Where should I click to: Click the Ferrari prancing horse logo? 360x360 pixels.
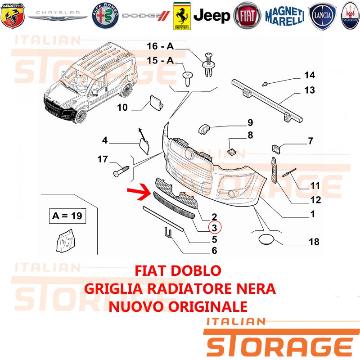point(182,16)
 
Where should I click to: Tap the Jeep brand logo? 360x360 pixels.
point(211,16)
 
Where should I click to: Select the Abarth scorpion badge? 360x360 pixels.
point(13,16)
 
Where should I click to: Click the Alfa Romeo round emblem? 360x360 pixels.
point(105,16)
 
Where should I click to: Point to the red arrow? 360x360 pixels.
point(139,192)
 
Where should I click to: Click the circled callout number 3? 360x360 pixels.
point(215,228)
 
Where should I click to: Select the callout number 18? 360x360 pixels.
point(314,242)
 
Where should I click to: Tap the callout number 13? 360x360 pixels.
point(310,90)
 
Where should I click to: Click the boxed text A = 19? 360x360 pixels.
point(67,216)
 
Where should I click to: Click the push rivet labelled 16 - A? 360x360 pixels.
point(208,64)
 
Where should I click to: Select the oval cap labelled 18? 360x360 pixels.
point(266,238)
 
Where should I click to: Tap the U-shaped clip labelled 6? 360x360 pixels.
point(168,232)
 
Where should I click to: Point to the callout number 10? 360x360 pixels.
point(122,107)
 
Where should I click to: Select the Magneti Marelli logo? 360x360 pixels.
point(285,16)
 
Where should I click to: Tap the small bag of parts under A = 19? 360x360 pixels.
point(65,241)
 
